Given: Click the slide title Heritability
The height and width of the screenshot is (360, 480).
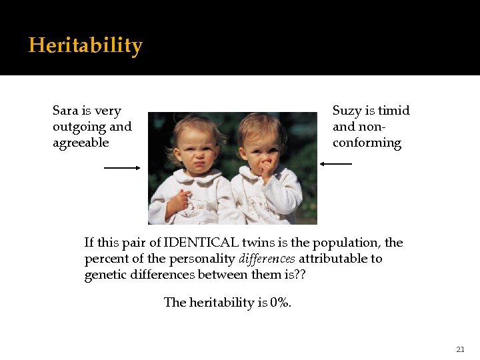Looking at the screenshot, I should coord(85,45).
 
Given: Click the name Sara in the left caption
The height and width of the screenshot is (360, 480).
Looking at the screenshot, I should coord(65,111).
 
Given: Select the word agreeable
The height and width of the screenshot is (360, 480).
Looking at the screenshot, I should coord(81,143).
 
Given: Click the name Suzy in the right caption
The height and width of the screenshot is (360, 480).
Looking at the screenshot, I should coord(347,111).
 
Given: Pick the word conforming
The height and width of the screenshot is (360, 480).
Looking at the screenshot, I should coord(367,143).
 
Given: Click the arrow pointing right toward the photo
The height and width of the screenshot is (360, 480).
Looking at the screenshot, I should coord(122,168).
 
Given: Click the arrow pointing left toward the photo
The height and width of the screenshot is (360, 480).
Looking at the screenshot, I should coord(336,163).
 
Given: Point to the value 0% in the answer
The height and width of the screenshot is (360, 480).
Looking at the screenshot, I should coord(281,303).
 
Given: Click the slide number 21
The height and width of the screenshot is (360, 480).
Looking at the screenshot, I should coord(460,349).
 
